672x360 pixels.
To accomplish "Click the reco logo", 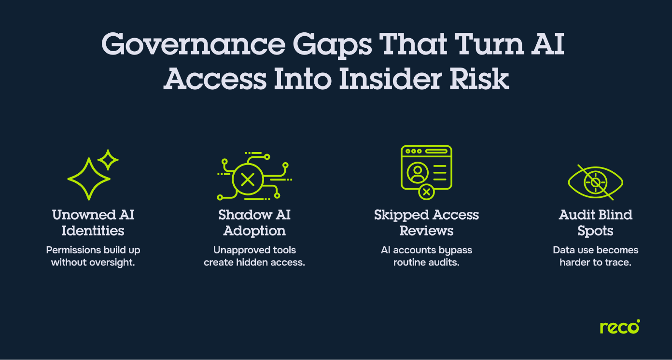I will click(x=619, y=327).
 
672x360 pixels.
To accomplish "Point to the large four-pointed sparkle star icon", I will click(x=88, y=179).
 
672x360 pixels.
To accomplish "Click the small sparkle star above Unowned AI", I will click(x=109, y=160).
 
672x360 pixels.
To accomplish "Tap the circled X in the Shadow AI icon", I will click(x=248, y=180).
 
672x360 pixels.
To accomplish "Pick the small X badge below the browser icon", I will click(x=426, y=192).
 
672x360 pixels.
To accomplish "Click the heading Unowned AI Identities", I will click(x=93, y=222).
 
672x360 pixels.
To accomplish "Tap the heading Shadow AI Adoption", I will click(x=254, y=222).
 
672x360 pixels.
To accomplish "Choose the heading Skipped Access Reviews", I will click(x=426, y=222).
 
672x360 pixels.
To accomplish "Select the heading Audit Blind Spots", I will click(x=595, y=222).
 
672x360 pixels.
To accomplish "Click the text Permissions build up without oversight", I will click(x=93, y=256).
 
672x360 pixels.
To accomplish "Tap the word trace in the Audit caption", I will click(x=619, y=263).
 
